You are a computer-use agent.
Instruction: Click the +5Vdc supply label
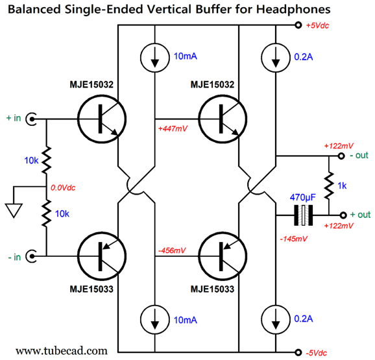coord(318,25)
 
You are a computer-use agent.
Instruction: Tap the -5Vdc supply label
coord(316,353)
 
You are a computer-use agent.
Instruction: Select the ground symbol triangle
coord(14,210)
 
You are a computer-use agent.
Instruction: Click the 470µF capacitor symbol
coord(303,215)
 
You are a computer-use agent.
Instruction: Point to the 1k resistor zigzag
coord(329,186)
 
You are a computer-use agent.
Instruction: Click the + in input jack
coord(31,119)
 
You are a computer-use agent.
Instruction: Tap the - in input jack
coord(31,256)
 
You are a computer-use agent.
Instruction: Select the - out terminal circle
coord(341,156)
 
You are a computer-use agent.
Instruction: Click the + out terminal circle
coord(343,215)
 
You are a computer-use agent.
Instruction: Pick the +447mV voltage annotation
coord(173,129)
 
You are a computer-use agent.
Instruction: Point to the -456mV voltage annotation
coord(172,250)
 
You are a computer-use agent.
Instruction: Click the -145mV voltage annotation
coord(293,239)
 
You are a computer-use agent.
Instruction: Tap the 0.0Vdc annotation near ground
coord(63,188)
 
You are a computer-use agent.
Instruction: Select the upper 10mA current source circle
coord(155,58)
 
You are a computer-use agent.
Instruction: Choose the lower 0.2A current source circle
coord(276,320)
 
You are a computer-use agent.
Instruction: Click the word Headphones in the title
coord(293,10)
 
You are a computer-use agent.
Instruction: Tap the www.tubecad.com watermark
coord(62,351)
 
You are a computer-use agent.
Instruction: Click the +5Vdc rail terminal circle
coord(298,25)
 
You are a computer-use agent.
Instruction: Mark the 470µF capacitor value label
coord(303,198)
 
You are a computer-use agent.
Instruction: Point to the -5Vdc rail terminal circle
coord(298,352)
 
